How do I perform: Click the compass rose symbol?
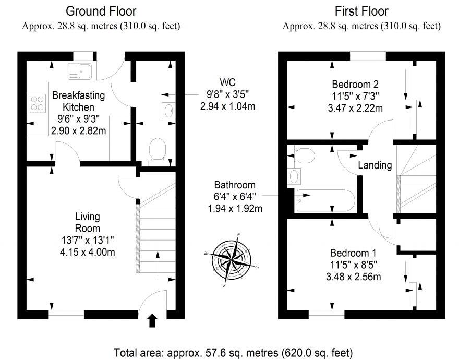(x=232, y=259)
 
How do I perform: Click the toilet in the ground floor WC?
(x=156, y=150)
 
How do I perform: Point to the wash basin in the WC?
(x=168, y=110)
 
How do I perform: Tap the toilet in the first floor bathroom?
(x=304, y=154)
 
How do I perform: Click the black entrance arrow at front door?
(x=152, y=320)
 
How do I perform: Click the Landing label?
(x=375, y=165)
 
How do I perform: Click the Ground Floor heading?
(x=101, y=11)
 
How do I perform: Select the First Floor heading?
(x=361, y=11)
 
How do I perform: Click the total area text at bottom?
(x=233, y=351)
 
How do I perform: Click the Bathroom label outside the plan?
(x=235, y=185)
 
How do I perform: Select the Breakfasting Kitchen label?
(x=78, y=102)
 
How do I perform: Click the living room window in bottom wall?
(x=66, y=314)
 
